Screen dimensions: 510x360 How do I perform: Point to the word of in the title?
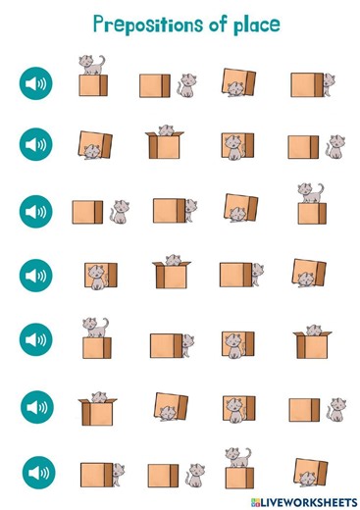[206, 24]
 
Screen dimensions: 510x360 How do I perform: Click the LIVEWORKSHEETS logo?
[300, 500]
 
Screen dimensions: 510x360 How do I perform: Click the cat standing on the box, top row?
[92, 65]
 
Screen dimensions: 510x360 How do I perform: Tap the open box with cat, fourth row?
[172, 273]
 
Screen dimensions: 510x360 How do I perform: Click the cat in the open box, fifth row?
[313, 331]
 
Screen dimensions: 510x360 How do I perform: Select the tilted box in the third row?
[239, 208]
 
